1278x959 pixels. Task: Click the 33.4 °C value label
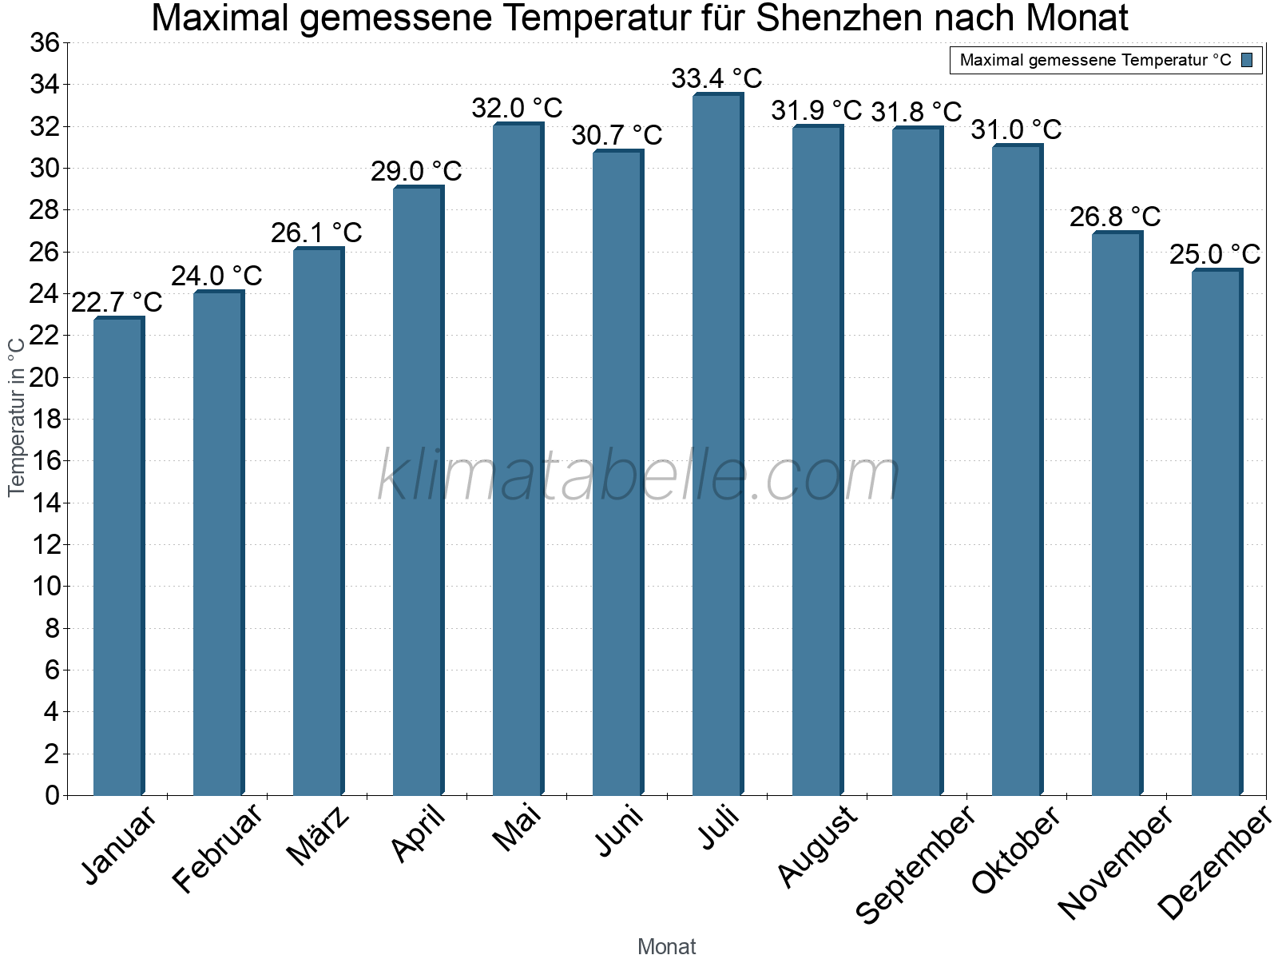(x=716, y=78)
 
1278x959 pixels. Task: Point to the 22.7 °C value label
(x=117, y=302)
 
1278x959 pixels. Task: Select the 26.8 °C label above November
(x=1115, y=217)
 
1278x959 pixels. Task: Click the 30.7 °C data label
(x=617, y=135)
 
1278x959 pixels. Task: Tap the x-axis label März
(x=318, y=835)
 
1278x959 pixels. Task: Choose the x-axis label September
(x=915, y=863)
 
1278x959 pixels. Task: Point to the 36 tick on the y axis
(x=45, y=42)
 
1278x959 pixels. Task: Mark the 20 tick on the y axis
(x=45, y=377)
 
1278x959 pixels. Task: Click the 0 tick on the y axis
(x=53, y=795)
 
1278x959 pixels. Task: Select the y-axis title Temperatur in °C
(x=17, y=416)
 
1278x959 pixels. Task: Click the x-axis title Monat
(x=667, y=946)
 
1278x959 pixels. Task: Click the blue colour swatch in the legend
(x=1248, y=60)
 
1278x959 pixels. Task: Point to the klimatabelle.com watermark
(x=639, y=476)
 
